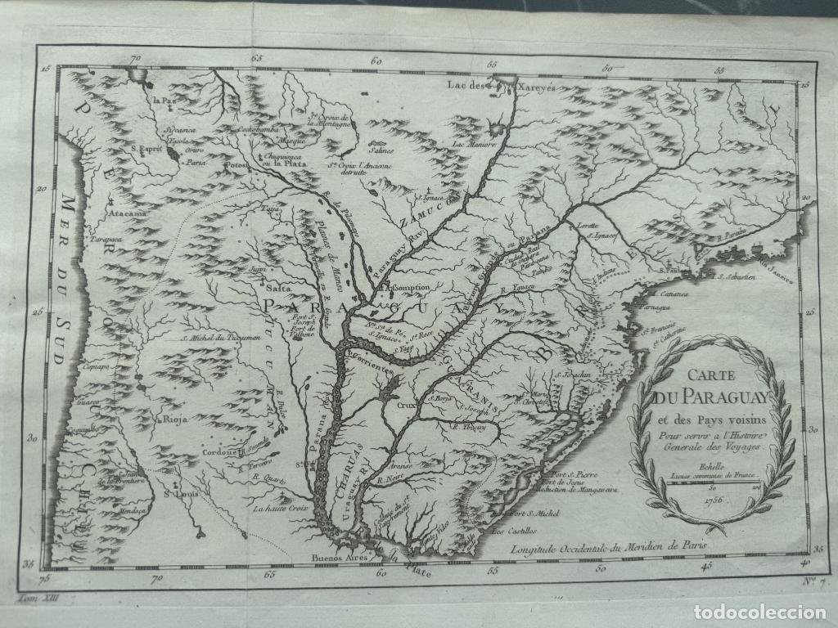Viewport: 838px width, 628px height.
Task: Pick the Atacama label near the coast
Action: tap(124, 214)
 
